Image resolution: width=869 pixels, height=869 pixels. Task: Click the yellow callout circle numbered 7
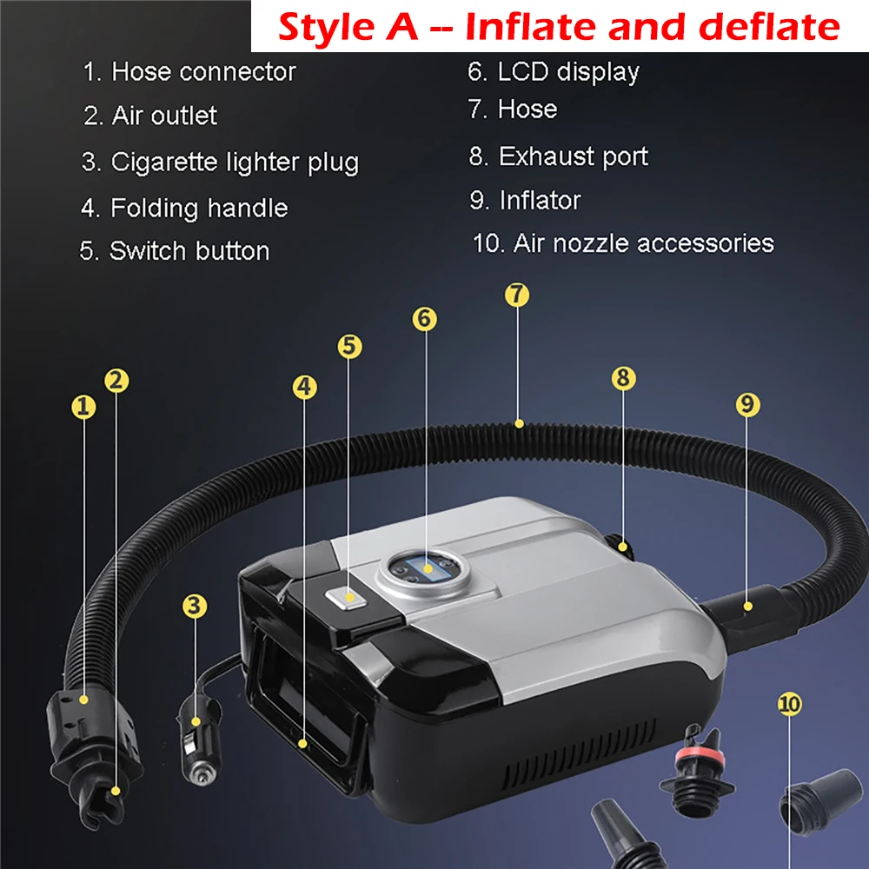[x=517, y=295]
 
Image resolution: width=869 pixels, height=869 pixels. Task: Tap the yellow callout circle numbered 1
[x=83, y=408]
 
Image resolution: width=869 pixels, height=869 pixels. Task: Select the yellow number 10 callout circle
[x=790, y=704]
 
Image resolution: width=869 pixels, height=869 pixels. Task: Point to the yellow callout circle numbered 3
[x=195, y=606]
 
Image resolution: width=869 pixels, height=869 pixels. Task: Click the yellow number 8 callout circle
[x=623, y=378]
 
